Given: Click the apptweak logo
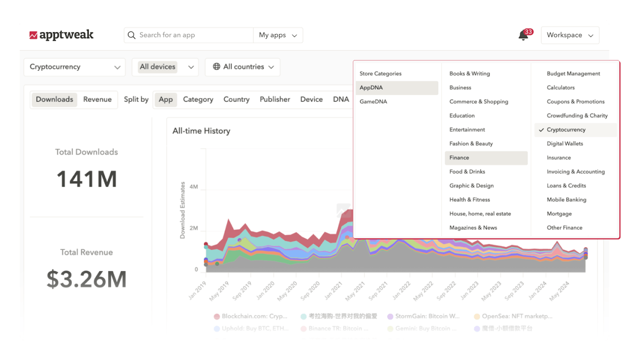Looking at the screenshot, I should pyautogui.click(x=62, y=35).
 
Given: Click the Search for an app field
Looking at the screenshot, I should pyautogui.click(x=189, y=35).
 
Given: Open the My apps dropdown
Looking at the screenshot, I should pyautogui.click(x=278, y=35).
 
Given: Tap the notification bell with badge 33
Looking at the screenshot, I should pyautogui.click(x=523, y=35).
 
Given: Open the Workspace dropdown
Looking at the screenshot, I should pyautogui.click(x=570, y=35).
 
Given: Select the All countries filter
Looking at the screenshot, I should pyautogui.click(x=243, y=67).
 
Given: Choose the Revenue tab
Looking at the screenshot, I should pyautogui.click(x=97, y=99).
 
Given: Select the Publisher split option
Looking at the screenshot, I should pyautogui.click(x=275, y=99).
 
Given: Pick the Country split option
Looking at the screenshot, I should pyautogui.click(x=236, y=99).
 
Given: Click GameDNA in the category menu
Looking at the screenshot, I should pyautogui.click(x=373, y=102).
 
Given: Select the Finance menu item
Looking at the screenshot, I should pyautogui.click(x=459, y=158).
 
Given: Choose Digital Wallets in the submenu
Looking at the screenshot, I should pyautogui.click(x=564, y=143).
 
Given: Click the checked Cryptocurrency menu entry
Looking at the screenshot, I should pyautogui.click(x=566, y=130).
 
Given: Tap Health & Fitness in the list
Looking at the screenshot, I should pyautogui.click(x=469, y=200).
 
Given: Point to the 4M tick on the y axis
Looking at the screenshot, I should pyautogui.click(x=194, y=187).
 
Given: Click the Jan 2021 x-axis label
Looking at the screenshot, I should pyautogui.click(x=333, y=290).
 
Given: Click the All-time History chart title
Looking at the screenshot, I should pyautogui.click(x=201, y=131).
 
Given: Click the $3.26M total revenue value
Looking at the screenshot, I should pyautogui.click(x=86, y=279).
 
